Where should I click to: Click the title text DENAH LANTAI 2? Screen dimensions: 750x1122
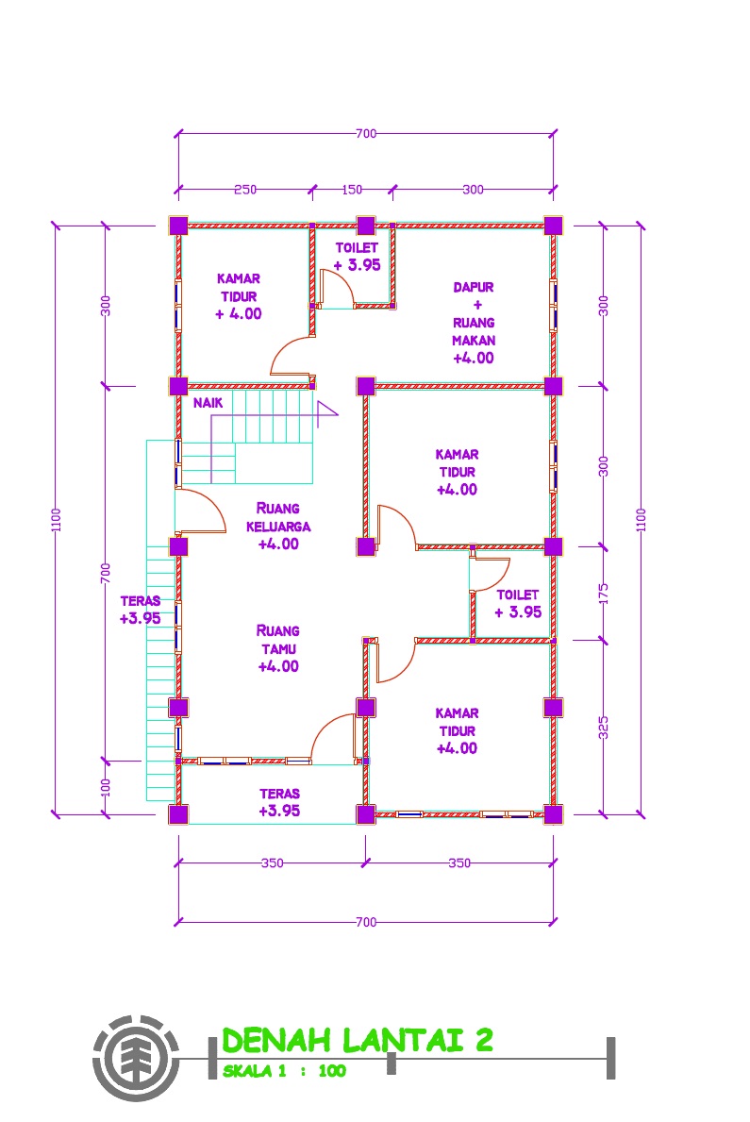point(358,1040)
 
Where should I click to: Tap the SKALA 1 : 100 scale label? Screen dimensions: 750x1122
point(284,1071)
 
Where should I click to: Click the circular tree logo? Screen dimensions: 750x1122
point(135,1058)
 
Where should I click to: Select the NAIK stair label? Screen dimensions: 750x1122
point(208,403)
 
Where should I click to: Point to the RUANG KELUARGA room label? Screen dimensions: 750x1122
point(278,517)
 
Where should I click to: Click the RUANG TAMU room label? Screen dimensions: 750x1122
point(278,640)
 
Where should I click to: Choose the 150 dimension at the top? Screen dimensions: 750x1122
point(351,190)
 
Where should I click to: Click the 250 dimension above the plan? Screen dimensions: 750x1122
point(244,190)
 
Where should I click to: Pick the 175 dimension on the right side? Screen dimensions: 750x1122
point(603,594)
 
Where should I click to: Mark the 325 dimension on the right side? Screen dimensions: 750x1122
point(603,727)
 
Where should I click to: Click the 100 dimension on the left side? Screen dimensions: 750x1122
point(106,787)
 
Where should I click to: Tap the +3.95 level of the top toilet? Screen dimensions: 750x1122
point(358,265)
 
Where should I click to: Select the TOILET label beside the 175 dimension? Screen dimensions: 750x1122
point(517,594)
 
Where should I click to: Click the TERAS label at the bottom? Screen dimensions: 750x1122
point(280,794)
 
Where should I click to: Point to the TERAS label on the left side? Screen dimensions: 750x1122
point(141,601)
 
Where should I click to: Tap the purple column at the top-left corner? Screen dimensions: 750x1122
point(178,226)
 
